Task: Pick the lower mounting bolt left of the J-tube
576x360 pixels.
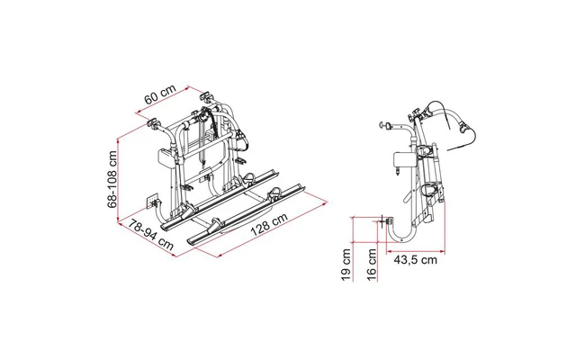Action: pyautogui.click(x=386, y=220)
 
